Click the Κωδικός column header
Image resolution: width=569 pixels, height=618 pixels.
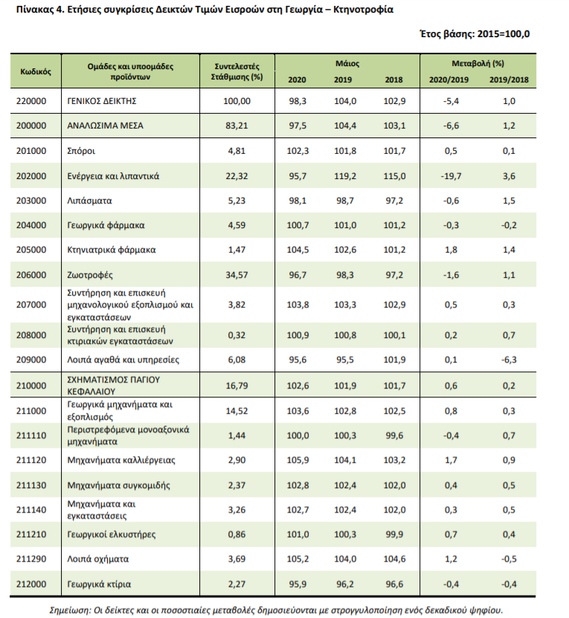[x=36, y=71]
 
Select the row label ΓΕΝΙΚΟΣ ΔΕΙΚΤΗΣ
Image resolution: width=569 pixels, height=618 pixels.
[x=102, y=101]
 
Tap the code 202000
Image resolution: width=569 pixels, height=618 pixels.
[x=31, y=176]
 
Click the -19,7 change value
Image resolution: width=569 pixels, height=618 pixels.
[x=451, y=176]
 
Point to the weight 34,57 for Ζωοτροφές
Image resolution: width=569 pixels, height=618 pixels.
[x=237, y=275]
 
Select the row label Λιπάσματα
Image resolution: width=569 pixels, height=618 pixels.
[x=89, y=201]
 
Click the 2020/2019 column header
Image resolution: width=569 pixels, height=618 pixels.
[x=449, y=79]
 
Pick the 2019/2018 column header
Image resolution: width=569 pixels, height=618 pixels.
[x=509, y=79]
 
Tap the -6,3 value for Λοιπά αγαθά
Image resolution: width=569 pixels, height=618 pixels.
[x=509, y=360]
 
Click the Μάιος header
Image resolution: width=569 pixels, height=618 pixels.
[x=347, y=63]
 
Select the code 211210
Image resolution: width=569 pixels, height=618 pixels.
[x=31, y=535]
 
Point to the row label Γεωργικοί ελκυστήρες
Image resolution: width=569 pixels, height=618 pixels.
[x=112, y=535]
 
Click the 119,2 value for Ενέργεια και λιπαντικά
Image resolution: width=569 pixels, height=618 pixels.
[x=345, y=176]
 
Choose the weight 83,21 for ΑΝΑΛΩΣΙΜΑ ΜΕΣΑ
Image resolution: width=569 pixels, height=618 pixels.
[x=237, y=126]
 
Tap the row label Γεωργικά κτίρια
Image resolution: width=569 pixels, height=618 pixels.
[x=99, y=584]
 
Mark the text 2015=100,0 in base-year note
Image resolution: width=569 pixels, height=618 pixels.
[x=504, y=34]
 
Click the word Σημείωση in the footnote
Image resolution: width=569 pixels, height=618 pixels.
[x=69, y=611]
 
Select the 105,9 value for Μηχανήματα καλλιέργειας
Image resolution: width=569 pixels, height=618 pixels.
[x=298, y=460]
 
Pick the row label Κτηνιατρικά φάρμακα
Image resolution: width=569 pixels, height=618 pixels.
[x=112, y=250]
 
